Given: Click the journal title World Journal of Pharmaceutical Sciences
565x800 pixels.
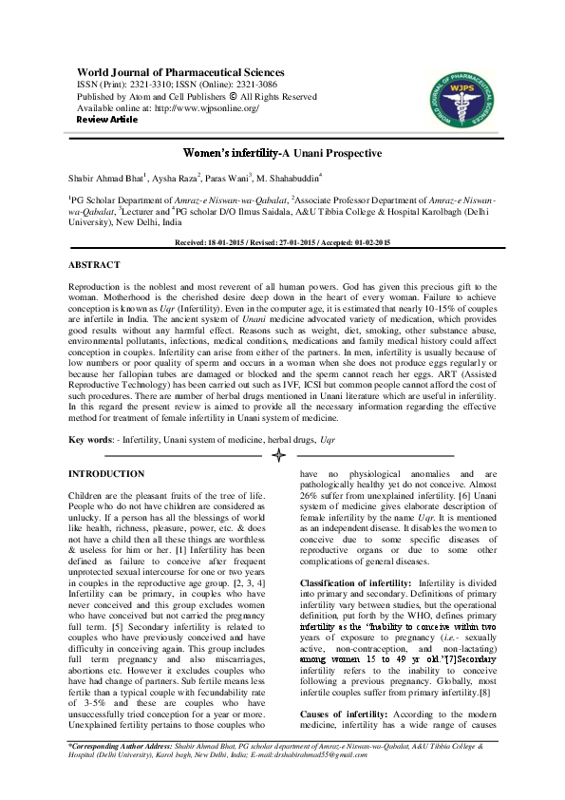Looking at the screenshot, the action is pos(180,72).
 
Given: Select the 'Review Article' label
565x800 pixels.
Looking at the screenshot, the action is pos(106,120).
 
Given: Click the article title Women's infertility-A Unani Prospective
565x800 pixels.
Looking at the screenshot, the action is pos(282,153).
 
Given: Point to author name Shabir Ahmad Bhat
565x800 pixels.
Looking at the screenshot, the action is pos(106,178).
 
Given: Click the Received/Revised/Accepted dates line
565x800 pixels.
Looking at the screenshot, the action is pos(282,243).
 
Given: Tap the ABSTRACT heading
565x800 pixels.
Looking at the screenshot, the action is pos(94,264).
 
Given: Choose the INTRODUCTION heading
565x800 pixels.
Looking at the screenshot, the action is pos(106,473).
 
